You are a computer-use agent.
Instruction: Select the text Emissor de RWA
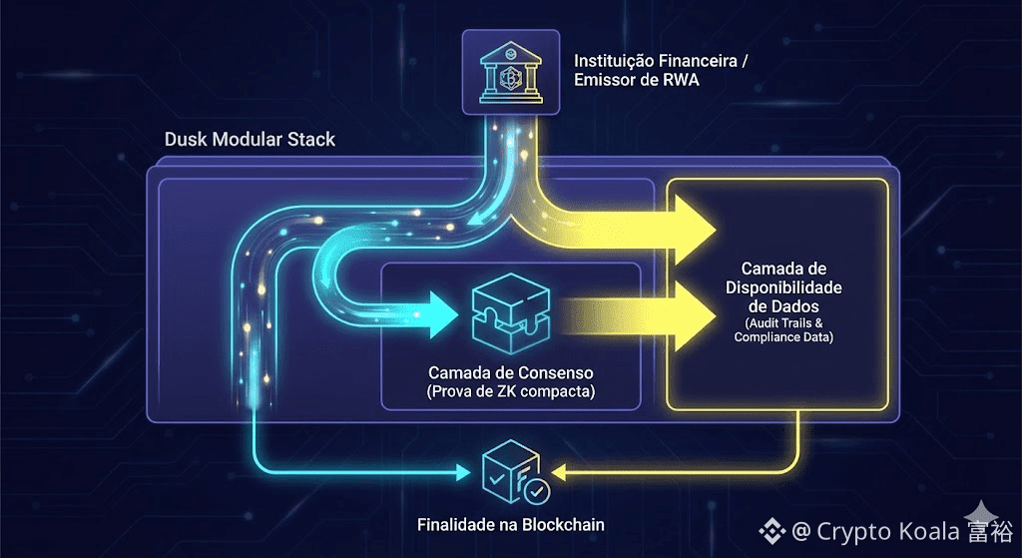pos(637,80)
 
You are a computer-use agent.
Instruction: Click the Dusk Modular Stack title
pos(250,139)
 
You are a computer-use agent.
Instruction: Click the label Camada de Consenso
pos(512,371)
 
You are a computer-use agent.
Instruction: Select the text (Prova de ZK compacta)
pos(512,391)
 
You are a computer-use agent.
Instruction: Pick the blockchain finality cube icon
pos(512,473)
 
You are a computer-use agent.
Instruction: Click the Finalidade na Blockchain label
pos(512,524)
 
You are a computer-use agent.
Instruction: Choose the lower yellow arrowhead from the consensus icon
pos(695,305)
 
